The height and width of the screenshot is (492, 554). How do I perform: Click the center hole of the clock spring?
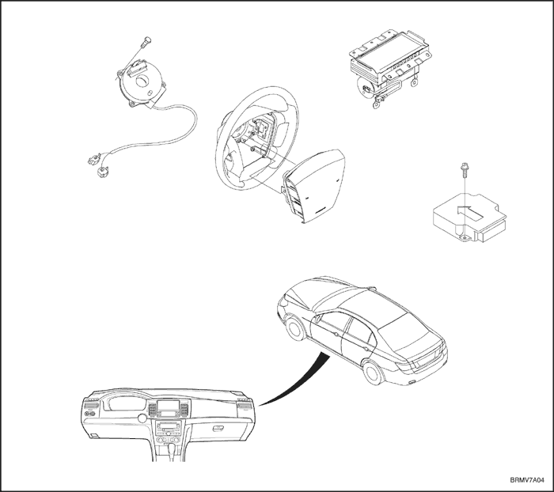tap(143, 81)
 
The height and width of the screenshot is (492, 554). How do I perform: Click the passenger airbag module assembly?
tap(389, 68)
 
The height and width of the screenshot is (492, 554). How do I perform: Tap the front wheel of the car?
tap(295, 328)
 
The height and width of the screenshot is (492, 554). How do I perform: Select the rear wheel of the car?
tap(374, 373)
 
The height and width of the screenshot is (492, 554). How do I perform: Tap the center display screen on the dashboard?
tap(167, 406)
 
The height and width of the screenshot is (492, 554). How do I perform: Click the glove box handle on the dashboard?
tap(218, 429)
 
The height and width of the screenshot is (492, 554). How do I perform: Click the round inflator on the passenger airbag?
tap(366, 87)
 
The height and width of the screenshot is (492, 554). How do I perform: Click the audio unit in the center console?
tap(168, 428)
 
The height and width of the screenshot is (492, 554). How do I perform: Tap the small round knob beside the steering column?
tap(142, 418)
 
